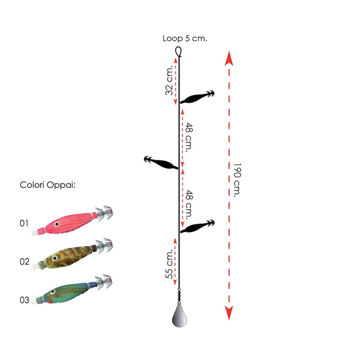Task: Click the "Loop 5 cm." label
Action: (x=185, y=38)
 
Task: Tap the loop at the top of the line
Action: (x=179, y=51)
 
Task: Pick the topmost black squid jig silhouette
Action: (x=197, y=97)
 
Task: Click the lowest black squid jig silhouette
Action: (x=197, y=226)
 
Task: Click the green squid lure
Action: (x=72, y=291)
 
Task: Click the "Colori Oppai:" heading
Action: (x=48, y=185)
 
